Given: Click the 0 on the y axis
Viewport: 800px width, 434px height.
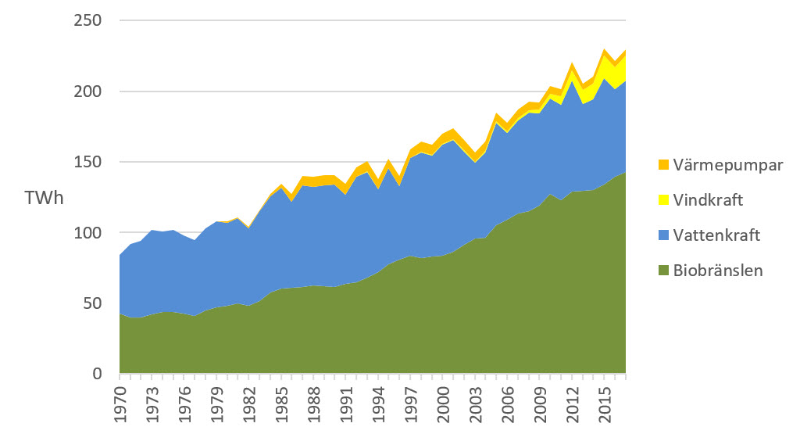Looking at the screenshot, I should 98,375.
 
